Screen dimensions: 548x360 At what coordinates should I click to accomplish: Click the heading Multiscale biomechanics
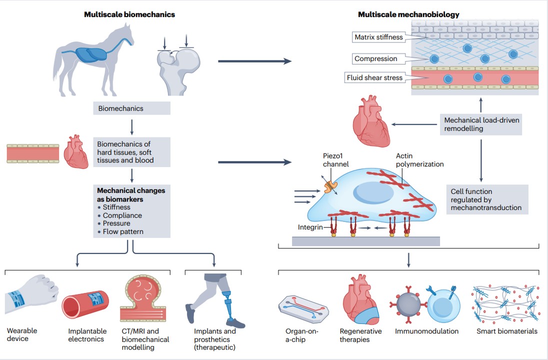(129, 14)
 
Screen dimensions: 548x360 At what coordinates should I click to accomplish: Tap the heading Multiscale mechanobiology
(408, 14)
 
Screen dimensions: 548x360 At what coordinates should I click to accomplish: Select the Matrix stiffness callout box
(378, 37)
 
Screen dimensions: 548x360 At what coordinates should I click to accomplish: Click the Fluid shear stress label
(374, 77)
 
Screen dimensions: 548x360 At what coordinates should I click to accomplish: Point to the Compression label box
(378, 58)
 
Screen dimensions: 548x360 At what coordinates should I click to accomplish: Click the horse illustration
(93, 59)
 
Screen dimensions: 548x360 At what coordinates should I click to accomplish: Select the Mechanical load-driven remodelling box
(481, 124)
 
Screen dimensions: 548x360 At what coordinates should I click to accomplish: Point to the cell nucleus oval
(373, 193)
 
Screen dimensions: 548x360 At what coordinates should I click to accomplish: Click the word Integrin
(310, 227)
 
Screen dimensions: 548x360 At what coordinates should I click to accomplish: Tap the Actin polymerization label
(419, 160)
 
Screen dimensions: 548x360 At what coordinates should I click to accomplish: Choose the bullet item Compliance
(122, 215)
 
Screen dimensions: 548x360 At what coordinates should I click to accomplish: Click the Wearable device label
(22, 334)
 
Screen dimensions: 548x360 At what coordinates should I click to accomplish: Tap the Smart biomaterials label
(507, 331)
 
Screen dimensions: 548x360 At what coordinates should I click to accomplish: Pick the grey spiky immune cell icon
(408, 303)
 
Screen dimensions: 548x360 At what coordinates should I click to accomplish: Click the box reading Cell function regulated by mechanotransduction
(487, 199)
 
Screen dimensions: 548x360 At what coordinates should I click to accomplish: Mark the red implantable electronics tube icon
(85, 304)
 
